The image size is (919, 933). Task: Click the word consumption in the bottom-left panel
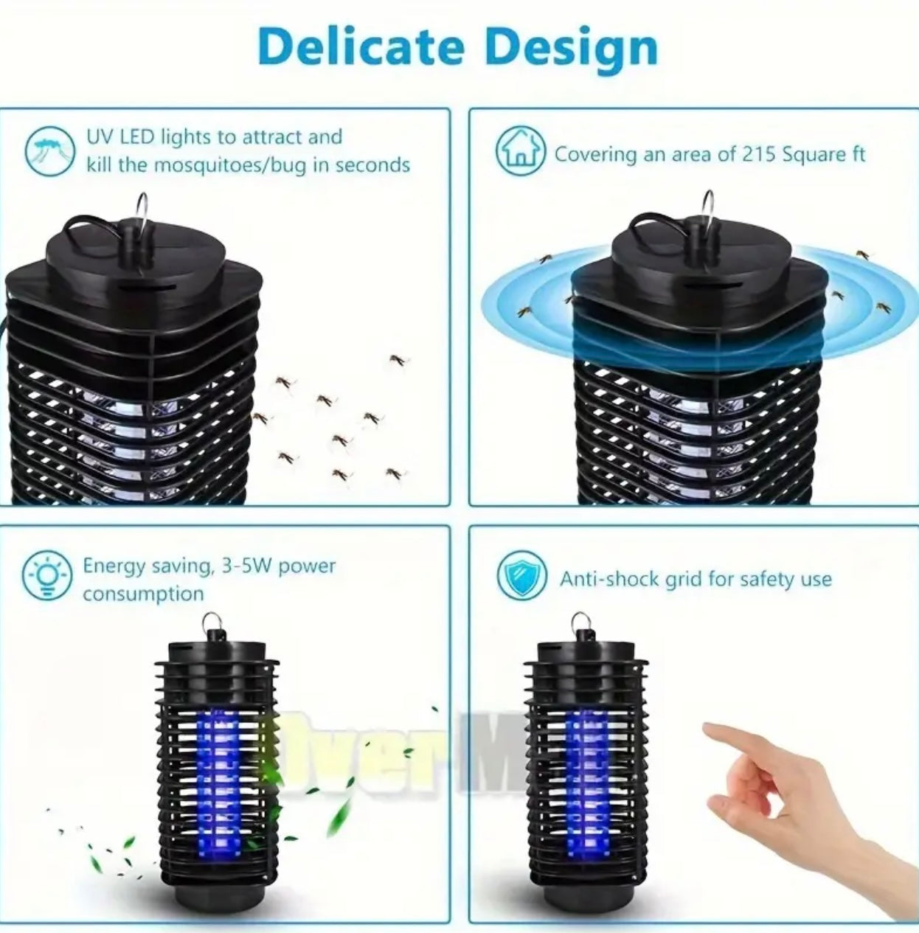tap(143, 594)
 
